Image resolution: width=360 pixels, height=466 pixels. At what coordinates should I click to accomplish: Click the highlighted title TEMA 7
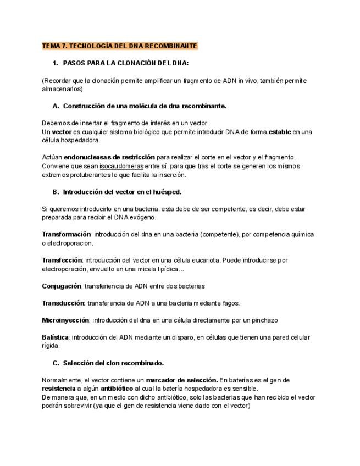pyautogui.click(x=120, y=46)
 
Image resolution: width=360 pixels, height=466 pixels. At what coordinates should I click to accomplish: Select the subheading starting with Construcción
pyautogui.click(x=144, y=106)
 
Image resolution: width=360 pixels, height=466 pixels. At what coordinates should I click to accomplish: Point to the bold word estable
pyautogui.click(x=279, y=132)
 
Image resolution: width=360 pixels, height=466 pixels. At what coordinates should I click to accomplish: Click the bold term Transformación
pyautogui.click(x=66, y=234)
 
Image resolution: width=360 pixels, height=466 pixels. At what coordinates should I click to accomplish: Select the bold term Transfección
pyautogui.click(x=62, y=260)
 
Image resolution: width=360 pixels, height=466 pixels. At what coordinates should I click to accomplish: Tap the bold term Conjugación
pyautogui.click(x=62, y=286)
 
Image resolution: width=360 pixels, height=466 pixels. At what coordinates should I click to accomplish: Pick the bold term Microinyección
pyautogui.click(x=66, y=320)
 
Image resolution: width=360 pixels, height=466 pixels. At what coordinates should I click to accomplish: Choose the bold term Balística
pyautogui.click(x=56, y=337)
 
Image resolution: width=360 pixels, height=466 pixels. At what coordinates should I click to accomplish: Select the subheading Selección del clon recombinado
pyautogui.click(x=113, y=363)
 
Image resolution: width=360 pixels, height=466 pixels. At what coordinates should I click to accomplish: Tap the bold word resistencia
pyautogui.click(x=58, y=389)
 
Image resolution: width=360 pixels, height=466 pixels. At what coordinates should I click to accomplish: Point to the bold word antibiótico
pyautogui.click(x=117, y=389)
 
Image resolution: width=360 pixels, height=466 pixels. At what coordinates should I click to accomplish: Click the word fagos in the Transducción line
pyautogui.click(x=229, y=303)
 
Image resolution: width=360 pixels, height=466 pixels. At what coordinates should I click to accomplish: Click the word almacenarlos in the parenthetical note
pyautogui.click(x=62, y=89)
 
